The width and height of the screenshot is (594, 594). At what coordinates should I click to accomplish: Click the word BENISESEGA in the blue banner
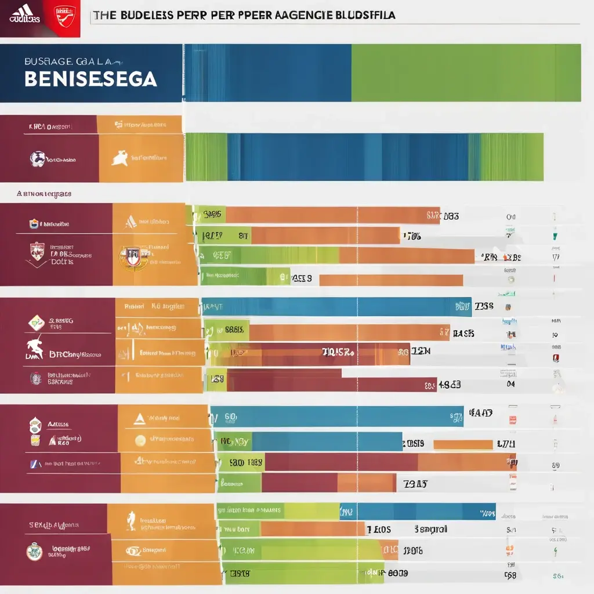pos(90,79)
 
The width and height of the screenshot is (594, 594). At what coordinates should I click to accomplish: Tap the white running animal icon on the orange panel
pos(120,157)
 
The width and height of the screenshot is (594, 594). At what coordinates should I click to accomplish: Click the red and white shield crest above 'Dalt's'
pos(37,250)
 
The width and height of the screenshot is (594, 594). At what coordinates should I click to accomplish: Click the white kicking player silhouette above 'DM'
pos(35,346)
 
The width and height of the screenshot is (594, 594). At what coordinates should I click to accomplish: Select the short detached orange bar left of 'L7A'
pos(462,445)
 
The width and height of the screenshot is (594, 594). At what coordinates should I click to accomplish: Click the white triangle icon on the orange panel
pos(139,418)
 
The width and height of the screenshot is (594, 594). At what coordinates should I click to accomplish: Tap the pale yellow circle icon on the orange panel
pos(140,440)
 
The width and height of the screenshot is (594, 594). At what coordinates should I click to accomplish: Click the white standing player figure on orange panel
pos(132,520)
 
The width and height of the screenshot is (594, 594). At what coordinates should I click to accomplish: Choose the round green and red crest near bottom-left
pos(35,551)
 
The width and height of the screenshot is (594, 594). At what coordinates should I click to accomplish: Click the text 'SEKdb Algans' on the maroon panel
pos(53,525)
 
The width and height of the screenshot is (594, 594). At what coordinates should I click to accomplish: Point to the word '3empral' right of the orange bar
pos(430,529)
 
